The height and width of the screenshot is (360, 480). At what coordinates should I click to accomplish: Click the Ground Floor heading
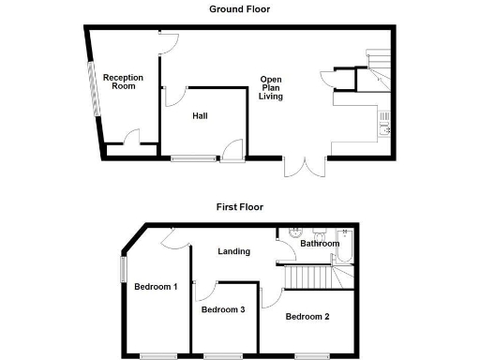[239, 9]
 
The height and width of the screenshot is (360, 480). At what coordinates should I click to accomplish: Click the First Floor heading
[239, 206]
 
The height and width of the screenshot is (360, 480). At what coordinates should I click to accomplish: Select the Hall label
[200, 116]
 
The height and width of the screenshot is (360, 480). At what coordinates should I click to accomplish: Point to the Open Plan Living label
[272, 88]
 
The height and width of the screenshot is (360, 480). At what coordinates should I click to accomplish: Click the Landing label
[233, 250]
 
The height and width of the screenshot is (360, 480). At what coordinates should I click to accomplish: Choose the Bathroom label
[320, 244]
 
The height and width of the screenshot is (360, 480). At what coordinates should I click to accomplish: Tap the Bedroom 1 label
[156, 286]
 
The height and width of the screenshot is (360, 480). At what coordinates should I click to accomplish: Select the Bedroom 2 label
[308, 317]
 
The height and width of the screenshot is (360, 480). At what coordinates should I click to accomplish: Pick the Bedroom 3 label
[224, 309]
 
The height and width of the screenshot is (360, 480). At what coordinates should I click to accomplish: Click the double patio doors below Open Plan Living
[305, 167]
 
